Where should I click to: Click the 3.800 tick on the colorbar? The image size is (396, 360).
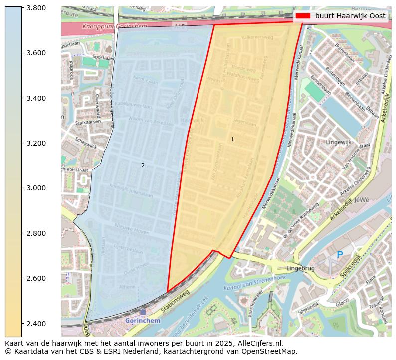pyautogui.click(x=36, y=8)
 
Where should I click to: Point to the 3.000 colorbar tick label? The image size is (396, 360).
pyautogui.click(x=36, y=188)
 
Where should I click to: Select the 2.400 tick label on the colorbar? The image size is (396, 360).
pyautogui.click(x=36, y=323)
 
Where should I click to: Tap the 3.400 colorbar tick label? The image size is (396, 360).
pyautogui.click(x=36, y=98)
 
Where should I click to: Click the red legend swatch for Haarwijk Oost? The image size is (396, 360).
pyautogui.click(x=303, y=16)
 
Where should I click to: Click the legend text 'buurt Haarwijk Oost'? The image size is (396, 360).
pyautogui.click(x=350, y=16)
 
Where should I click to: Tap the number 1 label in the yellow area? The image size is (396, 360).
pyautogui.click(x=232, y=139)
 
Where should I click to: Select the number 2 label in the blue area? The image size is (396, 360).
pyautogui.click(x=143, y=165)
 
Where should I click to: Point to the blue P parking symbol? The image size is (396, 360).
pyautogui.click(x=340, y=255)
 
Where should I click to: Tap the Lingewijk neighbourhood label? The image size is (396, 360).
pyautogui.click(x=338, y=142)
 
